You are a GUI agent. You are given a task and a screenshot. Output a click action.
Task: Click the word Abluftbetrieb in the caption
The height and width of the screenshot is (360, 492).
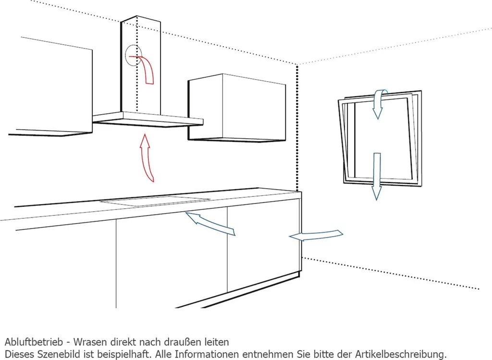pyautogui.click(x=34, y=342)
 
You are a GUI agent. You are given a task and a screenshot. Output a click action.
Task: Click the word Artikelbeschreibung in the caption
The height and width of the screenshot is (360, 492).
pyautogui.click(x=401, y=354)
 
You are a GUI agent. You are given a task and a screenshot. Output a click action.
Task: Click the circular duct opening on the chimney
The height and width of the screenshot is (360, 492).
pyautogui.click(x=134, y=55)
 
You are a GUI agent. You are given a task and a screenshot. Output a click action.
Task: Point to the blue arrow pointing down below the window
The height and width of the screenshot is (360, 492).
pyautogui.click(x=377, y=176)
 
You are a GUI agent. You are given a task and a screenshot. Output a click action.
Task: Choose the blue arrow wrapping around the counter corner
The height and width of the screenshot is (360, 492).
pyautogui.click(x=316, y=236)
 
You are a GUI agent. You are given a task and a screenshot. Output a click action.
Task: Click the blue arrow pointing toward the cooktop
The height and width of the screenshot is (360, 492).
pyautogui.click(x=210, y=223)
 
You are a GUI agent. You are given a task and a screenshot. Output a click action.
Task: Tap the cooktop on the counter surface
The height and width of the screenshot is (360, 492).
pyautogui.click(x=155, y=201)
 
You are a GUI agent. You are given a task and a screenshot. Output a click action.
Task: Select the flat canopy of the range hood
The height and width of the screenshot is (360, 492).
pyautogui.click(x=148, y=120)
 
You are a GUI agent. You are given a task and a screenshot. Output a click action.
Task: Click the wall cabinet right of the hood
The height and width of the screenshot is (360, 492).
pyautogui.click(x=237, y=108)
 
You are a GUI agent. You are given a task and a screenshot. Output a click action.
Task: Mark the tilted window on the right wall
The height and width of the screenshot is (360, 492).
pyautogui.click(x=380, y=138)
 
